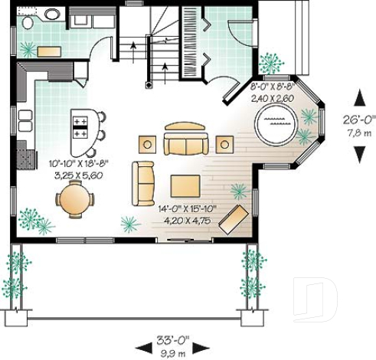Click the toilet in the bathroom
coord(28,23)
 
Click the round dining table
coord(75,201)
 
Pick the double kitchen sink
coord(26,121)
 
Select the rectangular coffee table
coord(185,186)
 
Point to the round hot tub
coord(275,123)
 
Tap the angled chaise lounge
coord(233,218)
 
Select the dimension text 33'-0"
coord(175,338)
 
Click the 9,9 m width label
coord(175,351)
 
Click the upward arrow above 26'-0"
coord(358,97)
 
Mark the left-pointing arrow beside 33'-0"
coord(142,343)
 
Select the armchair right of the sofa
coord(224,143)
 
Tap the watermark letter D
coord(316,295)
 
